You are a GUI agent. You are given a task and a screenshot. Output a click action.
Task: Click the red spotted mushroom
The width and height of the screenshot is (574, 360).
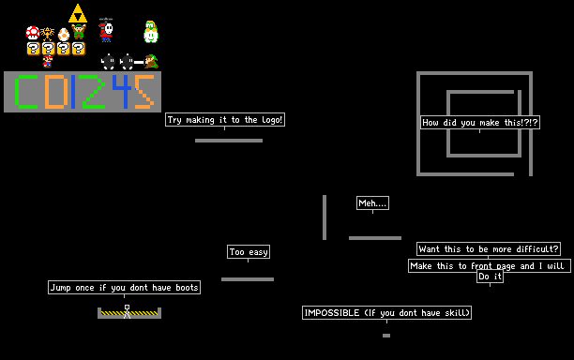[x=33, y=33]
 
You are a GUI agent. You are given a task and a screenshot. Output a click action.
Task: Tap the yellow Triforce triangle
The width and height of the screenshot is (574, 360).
[x=78, y=13]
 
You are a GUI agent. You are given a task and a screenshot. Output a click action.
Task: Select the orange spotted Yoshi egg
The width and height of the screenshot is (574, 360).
[x=64, y=35]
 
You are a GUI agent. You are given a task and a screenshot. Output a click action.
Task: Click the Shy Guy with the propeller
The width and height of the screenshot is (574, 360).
[x=106, y=30]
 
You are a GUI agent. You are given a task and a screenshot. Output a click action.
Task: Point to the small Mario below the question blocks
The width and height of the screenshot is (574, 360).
[x=47, y=62]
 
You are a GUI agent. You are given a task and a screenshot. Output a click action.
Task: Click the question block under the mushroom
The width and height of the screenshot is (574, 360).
[x=33, y=49]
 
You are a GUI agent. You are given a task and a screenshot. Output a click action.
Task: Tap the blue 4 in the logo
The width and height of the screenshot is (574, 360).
[x=122, y=92]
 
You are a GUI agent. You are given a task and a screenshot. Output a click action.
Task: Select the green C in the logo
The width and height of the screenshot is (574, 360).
[x=26, y=92]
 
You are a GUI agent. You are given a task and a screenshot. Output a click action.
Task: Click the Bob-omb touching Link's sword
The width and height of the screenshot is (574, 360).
[x=127, y=62]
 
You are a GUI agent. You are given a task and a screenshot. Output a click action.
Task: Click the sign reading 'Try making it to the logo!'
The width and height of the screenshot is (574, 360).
[x=225, y=120]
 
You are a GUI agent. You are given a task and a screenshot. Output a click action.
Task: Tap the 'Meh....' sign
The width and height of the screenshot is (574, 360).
[x=372, y=203]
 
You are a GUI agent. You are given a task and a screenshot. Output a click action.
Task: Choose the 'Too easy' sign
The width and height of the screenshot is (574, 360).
[x=249, y=251]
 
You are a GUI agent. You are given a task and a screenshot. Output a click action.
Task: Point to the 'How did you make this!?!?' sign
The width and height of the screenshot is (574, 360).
[x=480, y=122]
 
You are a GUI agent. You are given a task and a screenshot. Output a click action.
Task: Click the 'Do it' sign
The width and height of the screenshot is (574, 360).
[x=490, y=277]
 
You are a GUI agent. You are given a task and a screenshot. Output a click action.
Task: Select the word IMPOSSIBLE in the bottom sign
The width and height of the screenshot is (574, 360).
[x=332, y=313]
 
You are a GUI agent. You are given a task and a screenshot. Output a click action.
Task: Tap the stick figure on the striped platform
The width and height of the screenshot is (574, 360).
[x=127, y=311]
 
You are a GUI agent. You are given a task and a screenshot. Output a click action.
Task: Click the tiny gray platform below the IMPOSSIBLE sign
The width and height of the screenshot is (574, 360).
[x=386, y=336]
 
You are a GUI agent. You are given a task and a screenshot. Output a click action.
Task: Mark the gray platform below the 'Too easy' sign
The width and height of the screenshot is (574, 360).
[x=248, y=279]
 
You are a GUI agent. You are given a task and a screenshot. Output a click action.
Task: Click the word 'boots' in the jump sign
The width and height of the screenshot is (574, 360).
[x=187, y=288]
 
